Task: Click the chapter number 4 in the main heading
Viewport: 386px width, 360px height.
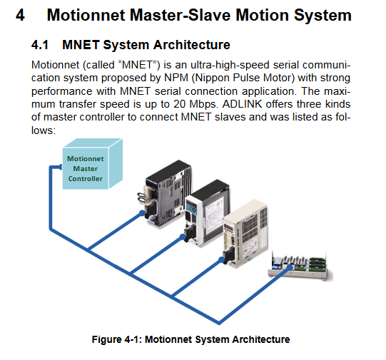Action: pyautogui.click(x=20, y=15)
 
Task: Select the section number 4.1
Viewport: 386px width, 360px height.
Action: pyautogui.click(x=40, y=45)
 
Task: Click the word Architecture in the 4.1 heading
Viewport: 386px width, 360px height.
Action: pyautogui.click(x=191, y=45)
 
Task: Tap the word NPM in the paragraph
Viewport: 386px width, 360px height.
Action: pyautogui.click(x=176, y=78)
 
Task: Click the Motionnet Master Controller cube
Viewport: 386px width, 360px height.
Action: pyautogui.click(x=92, y=164)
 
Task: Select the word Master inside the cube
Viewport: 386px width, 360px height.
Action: pyautogui.click(x=86, y=169)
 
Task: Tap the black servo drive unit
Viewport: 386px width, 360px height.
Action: pyautogui.click(x=166, y=193)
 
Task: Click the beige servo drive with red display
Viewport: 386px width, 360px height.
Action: pyautogui.click(x=245, y=234)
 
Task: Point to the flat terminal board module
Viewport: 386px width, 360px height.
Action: pyautogui.click(x=300, y=267)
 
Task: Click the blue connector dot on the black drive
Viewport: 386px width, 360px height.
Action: pyautogui.click(x=142, y=213)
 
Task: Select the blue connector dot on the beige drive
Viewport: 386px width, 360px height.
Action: pyautogui.click(x=221, y=259)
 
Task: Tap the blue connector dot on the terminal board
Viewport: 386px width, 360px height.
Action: pyautogui.click(x=290, y=267)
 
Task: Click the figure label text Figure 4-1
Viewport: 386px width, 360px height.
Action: pyautogui.click(x=117, y=339)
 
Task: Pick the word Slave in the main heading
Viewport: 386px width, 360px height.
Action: pyautogui.click(x=210, y=15)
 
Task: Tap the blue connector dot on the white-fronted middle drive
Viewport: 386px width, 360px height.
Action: pyautogui.click(x=183, y=237)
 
